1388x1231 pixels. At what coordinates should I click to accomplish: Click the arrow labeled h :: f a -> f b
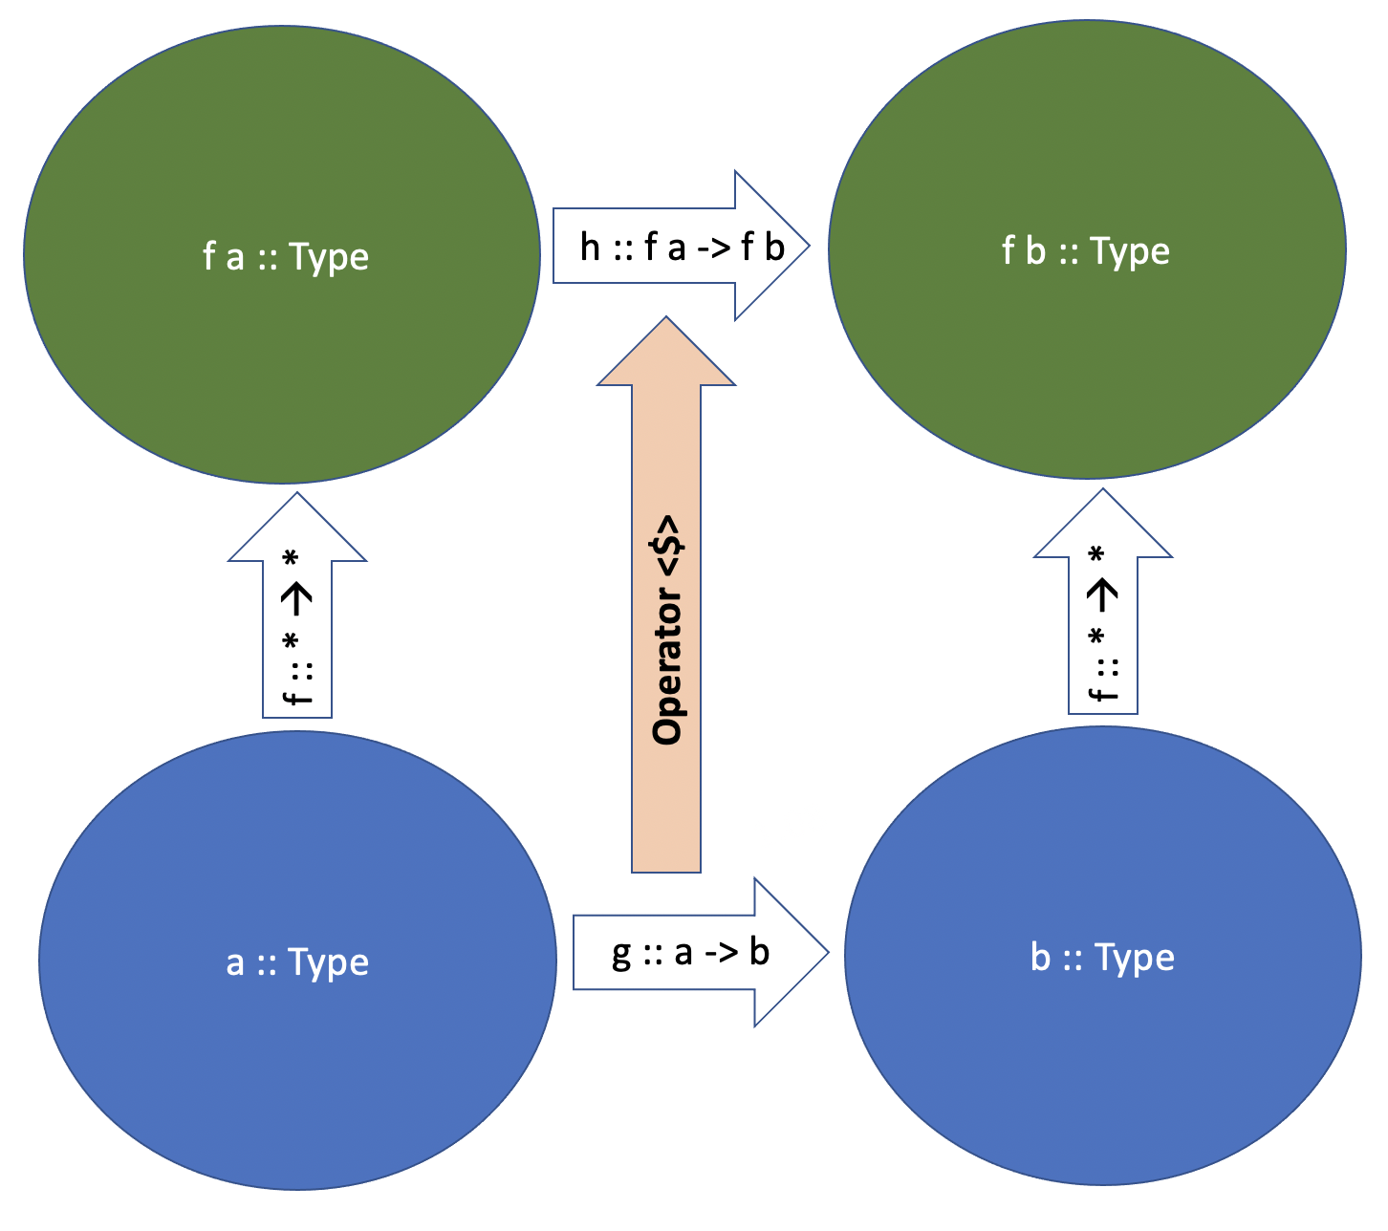pyautogui.click(x=681, y=246)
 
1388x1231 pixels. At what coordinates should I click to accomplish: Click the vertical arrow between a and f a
pyautogui.click(x=297, y=621)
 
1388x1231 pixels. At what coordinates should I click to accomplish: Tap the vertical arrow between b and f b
pyautogui.click(x=1103, y=621)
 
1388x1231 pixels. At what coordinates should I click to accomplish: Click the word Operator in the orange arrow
pyautogui.click(x=666, y=668)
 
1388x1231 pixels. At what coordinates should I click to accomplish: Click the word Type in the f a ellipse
pyautogui.click(x=328, y=258)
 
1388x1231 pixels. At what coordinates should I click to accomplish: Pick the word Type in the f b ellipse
pyautogui.click(x=1130, y=252)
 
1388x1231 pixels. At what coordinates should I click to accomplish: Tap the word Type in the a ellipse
pyautogui.click(x=328, y=962)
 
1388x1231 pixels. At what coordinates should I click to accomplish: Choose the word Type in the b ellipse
pyautogui.click(x=1134, y=958)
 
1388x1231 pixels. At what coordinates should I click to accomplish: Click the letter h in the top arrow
pyautogui.click(x=590, y=248)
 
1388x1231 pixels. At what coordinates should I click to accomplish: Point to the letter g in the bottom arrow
pyautogui.click(x=621, y=954)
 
